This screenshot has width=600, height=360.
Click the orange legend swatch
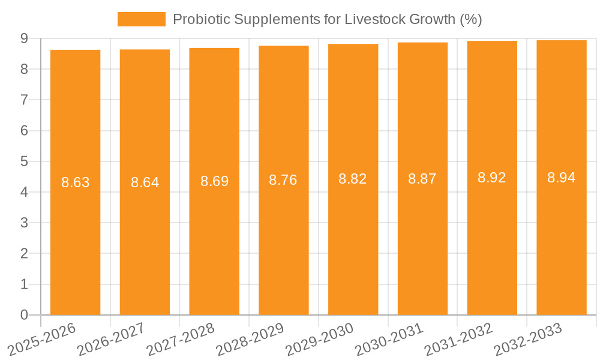142,19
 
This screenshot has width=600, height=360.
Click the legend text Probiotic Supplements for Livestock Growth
327,19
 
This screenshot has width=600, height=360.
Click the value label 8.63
76,182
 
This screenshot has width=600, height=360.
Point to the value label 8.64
145,182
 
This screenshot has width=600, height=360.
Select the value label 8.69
214,181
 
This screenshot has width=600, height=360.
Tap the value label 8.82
353,179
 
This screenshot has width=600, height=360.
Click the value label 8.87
422,178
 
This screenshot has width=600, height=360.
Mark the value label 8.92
492,178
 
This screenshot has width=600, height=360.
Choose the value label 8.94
562,178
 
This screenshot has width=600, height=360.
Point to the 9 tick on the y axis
24,38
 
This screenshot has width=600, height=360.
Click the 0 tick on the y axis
24,315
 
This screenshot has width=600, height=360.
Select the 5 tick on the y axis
24,161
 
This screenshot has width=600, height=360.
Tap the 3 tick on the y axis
24,223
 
